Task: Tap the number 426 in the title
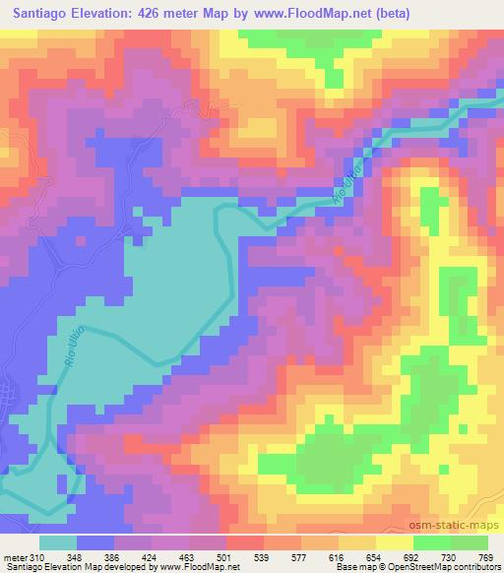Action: [148, 13]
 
